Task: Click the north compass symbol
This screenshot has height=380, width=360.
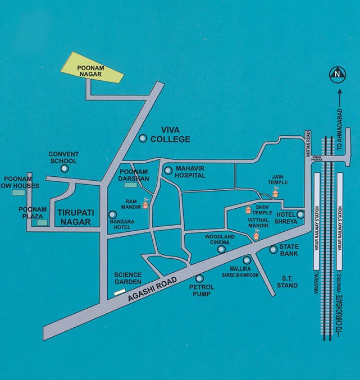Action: (336, 72)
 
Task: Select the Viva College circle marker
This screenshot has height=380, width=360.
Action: (143, 137)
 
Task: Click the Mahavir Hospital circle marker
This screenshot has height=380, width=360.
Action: (167, 170)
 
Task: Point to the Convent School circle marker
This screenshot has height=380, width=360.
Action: (65, 168)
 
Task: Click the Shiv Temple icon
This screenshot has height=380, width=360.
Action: (247, 210)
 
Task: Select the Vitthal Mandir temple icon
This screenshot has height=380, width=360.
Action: (256, 235)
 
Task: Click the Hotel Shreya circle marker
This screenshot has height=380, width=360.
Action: (300, 214)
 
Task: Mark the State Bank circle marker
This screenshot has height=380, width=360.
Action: (274, 249)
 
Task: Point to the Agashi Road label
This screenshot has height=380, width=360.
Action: (153, 286)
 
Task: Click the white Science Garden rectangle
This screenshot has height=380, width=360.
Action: (120, 292)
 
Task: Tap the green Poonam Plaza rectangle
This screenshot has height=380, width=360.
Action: (40, 223)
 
